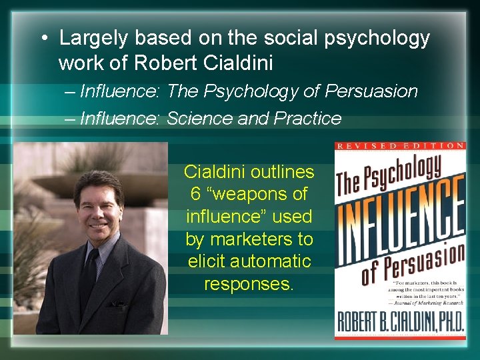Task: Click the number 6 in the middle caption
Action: [x=195, y=195]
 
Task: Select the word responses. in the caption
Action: [x=249, y=284]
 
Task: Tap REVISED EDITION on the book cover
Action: [x=400, y=146]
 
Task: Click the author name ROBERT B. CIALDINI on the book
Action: [x=399, y=326]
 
